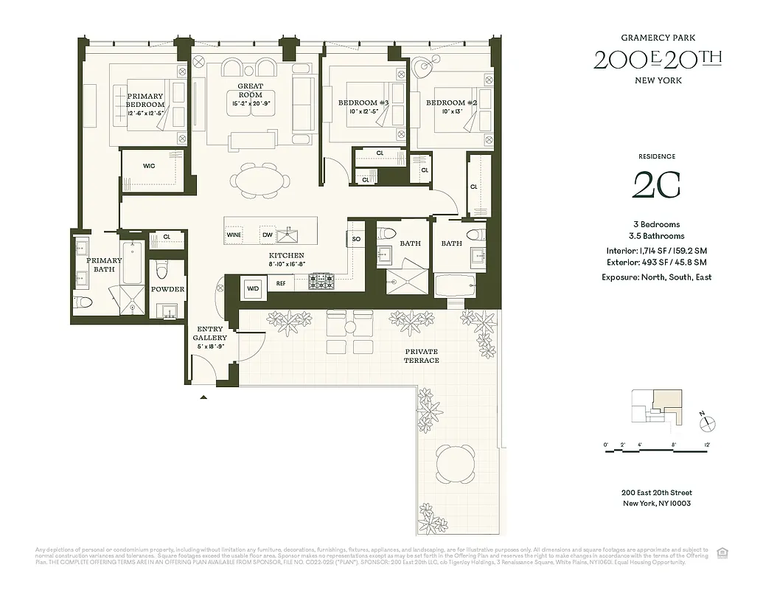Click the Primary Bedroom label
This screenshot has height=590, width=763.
coord(145,100)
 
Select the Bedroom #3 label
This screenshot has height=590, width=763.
coord(363,103)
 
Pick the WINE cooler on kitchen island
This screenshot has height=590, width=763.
coord(234,235)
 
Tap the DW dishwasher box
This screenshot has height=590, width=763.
coord(268,235)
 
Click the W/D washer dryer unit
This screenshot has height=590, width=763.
coord(253,288)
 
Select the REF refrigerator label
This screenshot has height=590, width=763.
coord(281,283)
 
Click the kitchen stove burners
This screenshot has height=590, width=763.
coord(321,281)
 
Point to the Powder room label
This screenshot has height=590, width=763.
coord(168,289)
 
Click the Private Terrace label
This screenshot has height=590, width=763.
coord(421,355)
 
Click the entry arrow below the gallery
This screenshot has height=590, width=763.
coord(204,398)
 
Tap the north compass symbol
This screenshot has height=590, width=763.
coord(707,423)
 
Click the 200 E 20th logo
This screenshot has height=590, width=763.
coord(658,59)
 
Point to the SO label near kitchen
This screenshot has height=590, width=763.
coord(356,239)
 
